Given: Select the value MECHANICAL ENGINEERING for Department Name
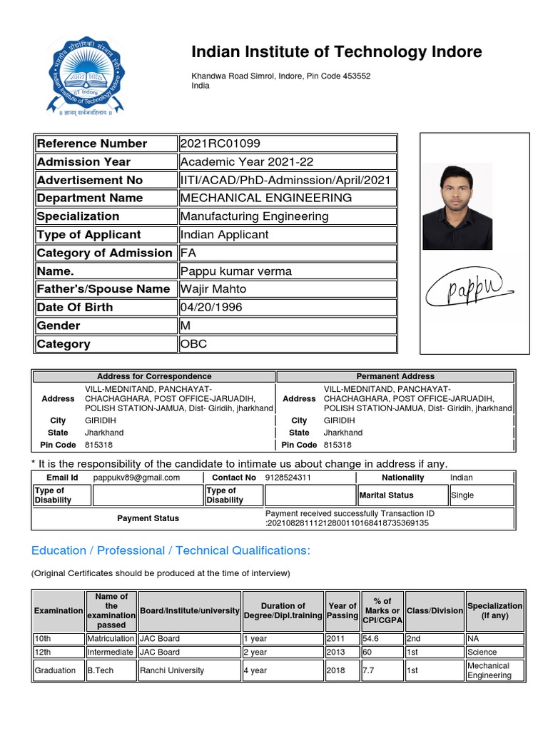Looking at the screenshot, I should coord(266,198).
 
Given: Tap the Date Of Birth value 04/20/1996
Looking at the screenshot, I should coord(211,307).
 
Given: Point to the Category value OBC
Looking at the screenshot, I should coord(193,343).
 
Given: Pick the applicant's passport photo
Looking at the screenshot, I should coord(457,207).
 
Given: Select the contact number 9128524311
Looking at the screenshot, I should coord(288,478).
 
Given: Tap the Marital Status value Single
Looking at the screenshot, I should coord(462,495).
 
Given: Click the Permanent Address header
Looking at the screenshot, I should coord(395,376).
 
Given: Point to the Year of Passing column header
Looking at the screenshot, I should coord(342,610).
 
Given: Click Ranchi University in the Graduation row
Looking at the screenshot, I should coord(172,670).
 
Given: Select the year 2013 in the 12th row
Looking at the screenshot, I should coord(335,652).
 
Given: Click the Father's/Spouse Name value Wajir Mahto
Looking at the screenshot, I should coord(213,288).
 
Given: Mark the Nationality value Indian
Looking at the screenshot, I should coord(461,478).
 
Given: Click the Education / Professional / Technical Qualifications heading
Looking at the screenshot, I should coord(171,550).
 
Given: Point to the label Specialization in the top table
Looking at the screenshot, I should coord(78,216).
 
